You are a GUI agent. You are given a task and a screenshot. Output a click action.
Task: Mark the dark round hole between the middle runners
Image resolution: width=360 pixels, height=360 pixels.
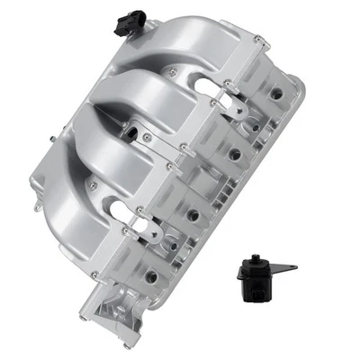132,135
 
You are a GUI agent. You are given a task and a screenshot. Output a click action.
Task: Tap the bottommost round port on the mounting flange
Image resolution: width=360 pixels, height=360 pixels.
149,276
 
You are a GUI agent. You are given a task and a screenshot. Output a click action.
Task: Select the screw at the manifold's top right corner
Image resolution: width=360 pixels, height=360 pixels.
258,38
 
